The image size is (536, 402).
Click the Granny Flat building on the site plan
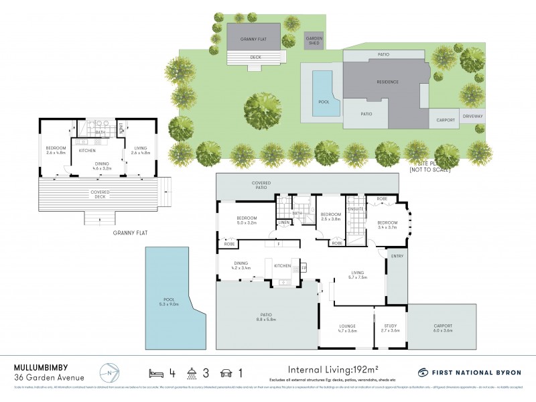[x=255, y=38]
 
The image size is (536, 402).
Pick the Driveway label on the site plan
[x=472, y=117]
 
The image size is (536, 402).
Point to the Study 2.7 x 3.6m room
[x=390, y=328]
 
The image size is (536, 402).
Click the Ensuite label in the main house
[x=355, y=209]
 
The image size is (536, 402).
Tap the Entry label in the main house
[x=397, y=256]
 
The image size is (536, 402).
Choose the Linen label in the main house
[x=285, y=222]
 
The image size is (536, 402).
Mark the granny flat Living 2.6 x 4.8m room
[x=140, y=151]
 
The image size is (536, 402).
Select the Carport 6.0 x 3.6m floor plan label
[x=442, y=328]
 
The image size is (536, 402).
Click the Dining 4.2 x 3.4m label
[x=242, y=265]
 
